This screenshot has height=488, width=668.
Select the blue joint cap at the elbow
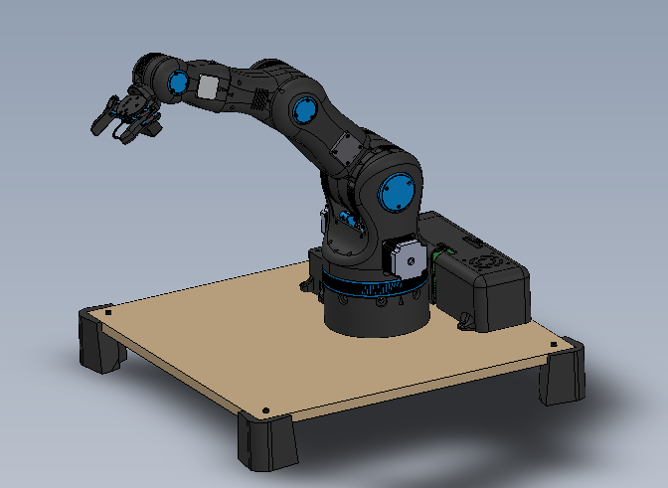pos(303,109)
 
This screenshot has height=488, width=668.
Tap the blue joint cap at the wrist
pos(178,84)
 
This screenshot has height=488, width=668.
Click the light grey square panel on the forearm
pos(208,87)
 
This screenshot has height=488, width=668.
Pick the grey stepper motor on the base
pos(405,260)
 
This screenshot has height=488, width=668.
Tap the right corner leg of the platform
pos(562,378)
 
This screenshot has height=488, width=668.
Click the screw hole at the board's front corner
pos(269,409)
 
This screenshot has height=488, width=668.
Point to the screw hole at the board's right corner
pos(554,344)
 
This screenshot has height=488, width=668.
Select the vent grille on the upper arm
pos(260,100)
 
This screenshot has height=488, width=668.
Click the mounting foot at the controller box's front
pos(467,321)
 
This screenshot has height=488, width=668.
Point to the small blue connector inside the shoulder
pos(346,217)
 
